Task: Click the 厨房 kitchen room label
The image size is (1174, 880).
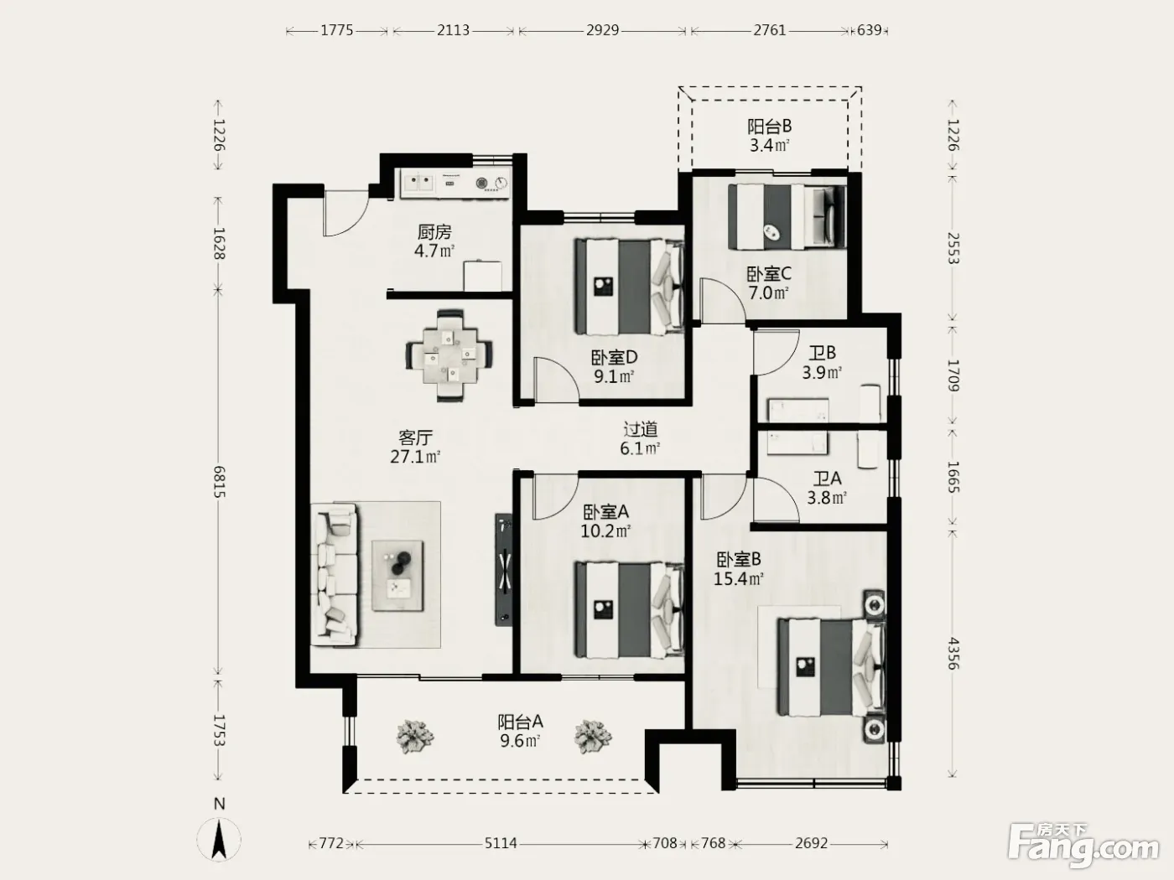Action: tap(434, 232)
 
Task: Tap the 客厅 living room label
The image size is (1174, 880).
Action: tap(415, 438)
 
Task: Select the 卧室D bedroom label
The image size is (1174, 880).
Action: tap(614, 357)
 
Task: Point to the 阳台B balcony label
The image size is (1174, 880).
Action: tap(769, 127)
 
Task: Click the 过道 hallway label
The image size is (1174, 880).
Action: tap(640, 429)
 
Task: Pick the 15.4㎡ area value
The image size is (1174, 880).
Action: tap(738, 578)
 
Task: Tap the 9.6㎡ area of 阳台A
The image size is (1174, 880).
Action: tap(520, 741)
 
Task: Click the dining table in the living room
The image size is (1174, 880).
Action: tap(449, 355)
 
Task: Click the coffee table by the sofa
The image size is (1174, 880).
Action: tap(398, 576)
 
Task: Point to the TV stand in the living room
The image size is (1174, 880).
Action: tap(503, 570)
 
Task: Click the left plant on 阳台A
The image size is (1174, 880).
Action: tap(414, 737)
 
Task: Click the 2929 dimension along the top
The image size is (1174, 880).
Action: tap(602, 30)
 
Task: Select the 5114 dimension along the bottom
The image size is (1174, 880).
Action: tap(501, 843)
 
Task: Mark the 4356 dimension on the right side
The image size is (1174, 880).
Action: tap(953, 654)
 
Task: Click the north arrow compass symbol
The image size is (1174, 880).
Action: tap(219, 840)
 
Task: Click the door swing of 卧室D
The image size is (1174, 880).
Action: tap(556, 380)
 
